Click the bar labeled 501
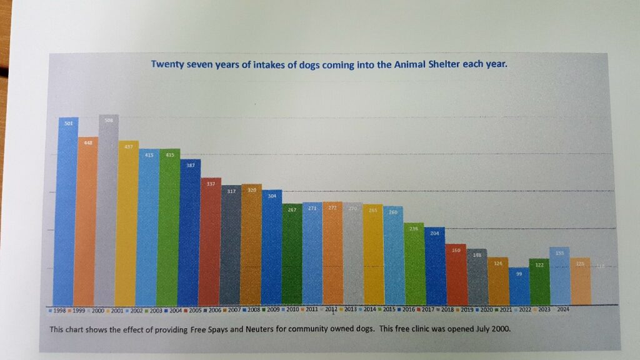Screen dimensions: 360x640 click(x=67, y=212)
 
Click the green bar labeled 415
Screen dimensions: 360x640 click(x=169, y=228)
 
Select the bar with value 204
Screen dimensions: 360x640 click(x=434, y=266)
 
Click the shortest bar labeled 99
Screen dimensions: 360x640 click(x=519, y=286)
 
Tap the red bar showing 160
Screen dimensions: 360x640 click(x=456, y=275)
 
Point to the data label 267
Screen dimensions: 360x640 click(x=292, y=209)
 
